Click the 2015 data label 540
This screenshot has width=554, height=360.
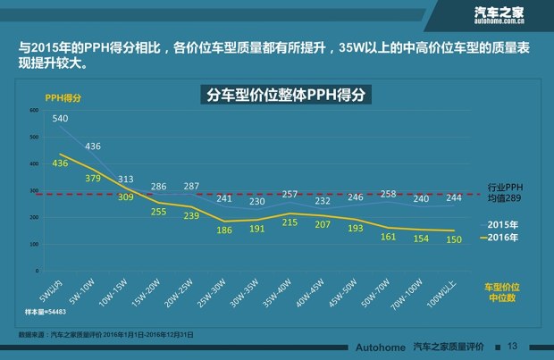pos(61,119)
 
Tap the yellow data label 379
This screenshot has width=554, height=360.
pos(93,178)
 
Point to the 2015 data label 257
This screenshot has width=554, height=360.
pos(290,194)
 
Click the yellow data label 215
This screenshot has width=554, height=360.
pos(290,221)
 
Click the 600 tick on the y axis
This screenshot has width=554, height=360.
pos(34,110)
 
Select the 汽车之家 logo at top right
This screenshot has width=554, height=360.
pos(498,13)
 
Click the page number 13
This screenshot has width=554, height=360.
pos(512,346)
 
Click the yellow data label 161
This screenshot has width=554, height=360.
pos(388,237)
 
